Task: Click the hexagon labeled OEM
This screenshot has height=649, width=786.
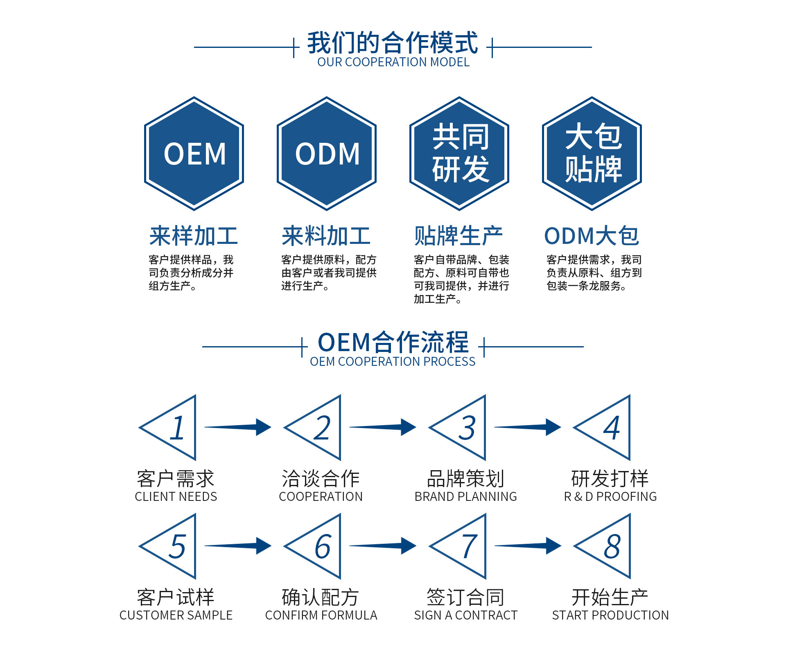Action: point(194,154)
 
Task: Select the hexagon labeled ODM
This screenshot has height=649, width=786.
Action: point(327,154)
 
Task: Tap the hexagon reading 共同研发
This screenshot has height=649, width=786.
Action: point(459,154)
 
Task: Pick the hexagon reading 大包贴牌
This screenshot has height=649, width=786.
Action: point(592,154)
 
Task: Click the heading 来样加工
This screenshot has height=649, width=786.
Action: point(194,236)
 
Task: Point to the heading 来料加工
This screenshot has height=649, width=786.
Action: point(326,236)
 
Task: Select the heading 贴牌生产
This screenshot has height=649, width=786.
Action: point(458,236)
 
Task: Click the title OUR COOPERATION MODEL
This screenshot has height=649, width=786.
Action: point(393,62)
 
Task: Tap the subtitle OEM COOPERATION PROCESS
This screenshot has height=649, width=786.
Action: point(393,362)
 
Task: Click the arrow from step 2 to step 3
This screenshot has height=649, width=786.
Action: point(383,427)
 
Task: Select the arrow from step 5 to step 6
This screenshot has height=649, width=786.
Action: point(238,546)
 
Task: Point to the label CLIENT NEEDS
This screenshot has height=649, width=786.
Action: point(176,497)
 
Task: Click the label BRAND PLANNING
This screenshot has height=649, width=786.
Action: point(465,497)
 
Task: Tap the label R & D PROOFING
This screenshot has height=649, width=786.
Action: point(610,497)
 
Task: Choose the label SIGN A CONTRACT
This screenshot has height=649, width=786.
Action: point(465,615)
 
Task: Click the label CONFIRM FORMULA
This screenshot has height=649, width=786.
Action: point(321,615)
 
